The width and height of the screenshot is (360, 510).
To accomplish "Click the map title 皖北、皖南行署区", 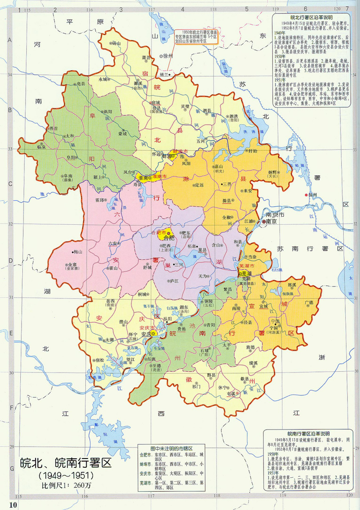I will pos(66,463).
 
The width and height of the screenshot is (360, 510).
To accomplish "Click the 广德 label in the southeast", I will pos(309,302).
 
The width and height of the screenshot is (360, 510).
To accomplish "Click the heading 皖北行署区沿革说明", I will pos(311,18).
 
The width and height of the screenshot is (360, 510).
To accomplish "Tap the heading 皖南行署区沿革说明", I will pos(309,433).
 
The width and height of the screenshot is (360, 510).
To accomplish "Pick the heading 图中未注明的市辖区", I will pos(171,448).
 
